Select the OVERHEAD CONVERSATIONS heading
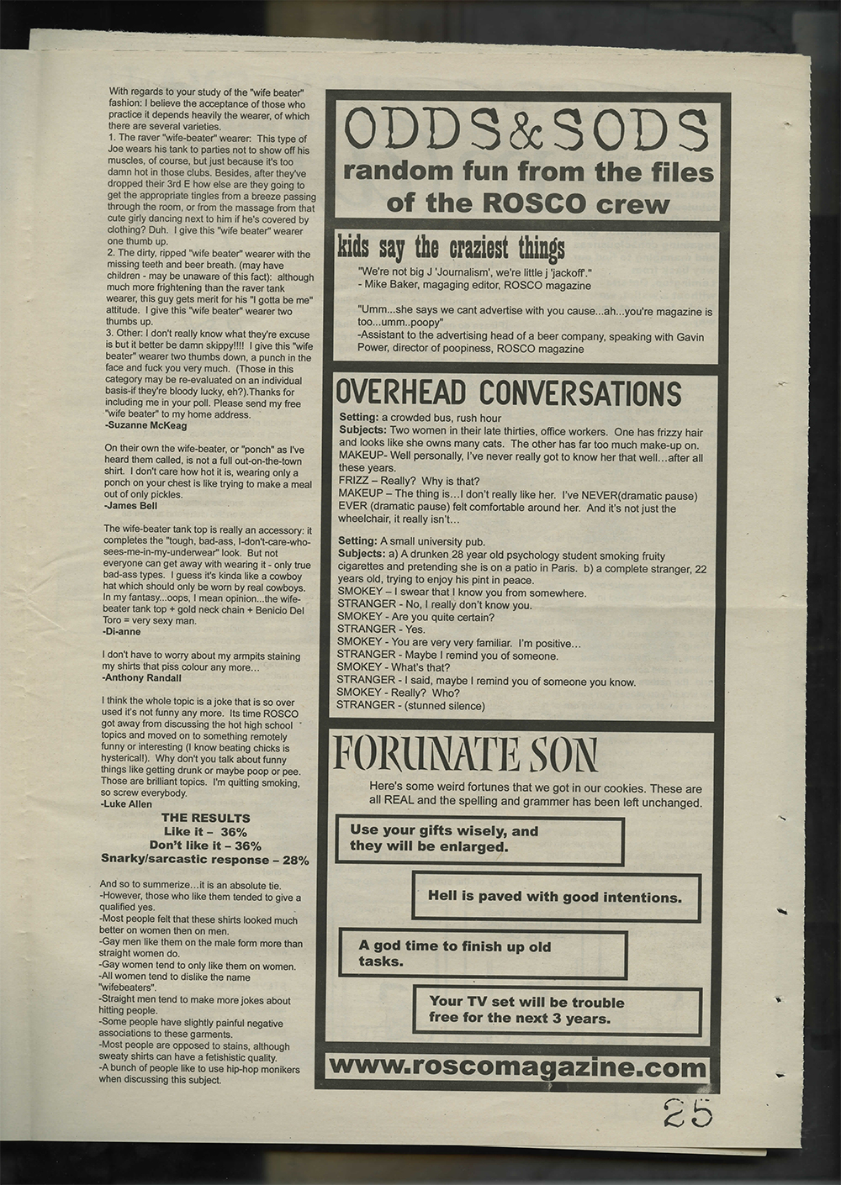point(508,393)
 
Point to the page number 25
point(686,1114)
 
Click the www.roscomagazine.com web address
point(516,1068)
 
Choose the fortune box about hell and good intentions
point(555,896)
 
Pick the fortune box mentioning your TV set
point(557,1009)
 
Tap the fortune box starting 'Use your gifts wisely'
point(479,840)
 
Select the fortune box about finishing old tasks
point(483,954)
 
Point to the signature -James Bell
point(130,506)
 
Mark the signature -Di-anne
point(120,629)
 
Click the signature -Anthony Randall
point(140,676)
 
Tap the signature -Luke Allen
point(127,804)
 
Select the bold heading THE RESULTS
point(205,818)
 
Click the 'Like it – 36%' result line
point(205,831)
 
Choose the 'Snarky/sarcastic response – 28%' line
point(204,860)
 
